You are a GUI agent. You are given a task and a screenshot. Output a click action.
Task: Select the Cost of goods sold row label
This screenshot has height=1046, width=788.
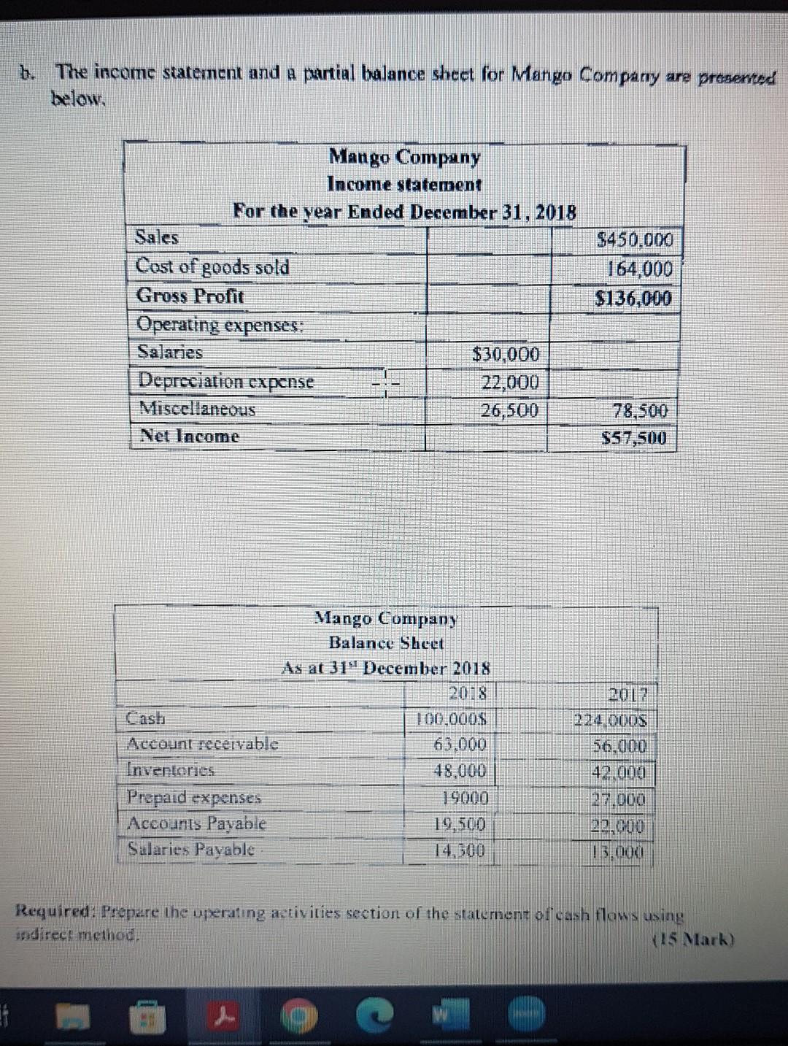tap(212, 266)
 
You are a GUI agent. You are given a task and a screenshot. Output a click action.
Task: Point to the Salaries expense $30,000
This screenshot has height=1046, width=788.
tap(506, 355)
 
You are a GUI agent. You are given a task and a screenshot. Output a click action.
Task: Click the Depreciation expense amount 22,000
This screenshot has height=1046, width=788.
tap(510, 382)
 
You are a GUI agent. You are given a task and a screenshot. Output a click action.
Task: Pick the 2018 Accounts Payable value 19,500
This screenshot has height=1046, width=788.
tap(460, 824)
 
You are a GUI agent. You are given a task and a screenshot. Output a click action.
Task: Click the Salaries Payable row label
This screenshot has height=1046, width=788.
tap(191, 849)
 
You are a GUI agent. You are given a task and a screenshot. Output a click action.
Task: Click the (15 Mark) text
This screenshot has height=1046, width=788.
tap(692, 939)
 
